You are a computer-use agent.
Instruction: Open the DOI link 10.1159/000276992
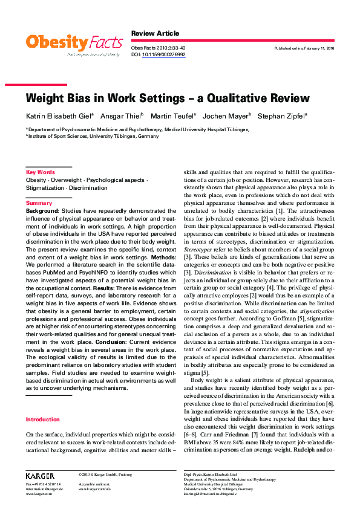163,54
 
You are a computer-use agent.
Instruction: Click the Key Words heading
41,172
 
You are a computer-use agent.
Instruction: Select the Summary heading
39,203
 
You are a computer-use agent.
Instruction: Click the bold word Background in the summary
42,211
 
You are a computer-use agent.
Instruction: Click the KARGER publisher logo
40,476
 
